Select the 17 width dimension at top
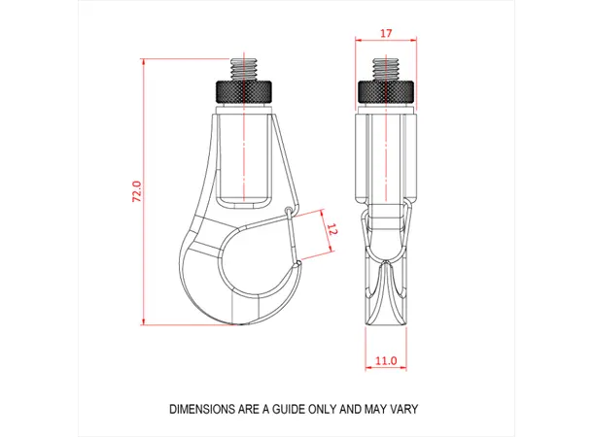click(386, 33)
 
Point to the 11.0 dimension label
click(386, 361)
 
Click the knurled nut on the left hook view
click(241, 92)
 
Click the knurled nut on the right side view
click(386, 92)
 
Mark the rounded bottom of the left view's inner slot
click(241, 203)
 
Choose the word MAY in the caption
click(373, 409)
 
